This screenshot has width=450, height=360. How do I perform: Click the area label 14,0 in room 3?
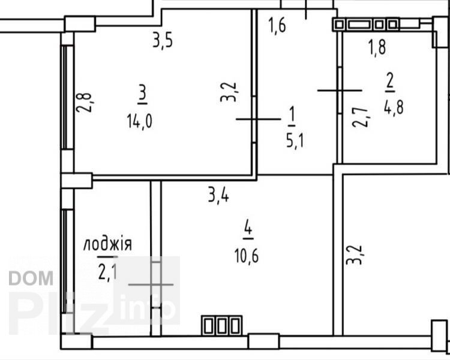(139, 121)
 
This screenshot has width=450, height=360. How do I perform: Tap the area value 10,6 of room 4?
(247, 256)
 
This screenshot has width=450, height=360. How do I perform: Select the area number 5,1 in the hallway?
(295, 140)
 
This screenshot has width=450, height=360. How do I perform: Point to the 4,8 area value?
(394, 107)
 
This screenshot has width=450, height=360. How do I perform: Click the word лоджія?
(107, 244)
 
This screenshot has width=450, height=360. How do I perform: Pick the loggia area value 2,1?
(107, 273)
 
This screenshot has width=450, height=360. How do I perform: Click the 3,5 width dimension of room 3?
(163, 41)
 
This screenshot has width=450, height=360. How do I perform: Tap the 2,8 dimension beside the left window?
(84, 103)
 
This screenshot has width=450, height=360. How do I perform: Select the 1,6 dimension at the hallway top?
(277, 25)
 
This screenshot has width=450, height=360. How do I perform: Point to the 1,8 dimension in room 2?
(377, 47)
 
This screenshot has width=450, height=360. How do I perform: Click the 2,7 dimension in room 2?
(361, 117)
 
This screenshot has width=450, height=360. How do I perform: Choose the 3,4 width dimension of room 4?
(218, 196)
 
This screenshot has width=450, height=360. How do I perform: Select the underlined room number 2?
(390, 82)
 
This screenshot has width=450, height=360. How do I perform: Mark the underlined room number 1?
(292, 116)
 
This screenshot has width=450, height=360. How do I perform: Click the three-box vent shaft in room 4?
(222, 325)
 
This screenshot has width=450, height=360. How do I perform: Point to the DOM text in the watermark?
(31, 278)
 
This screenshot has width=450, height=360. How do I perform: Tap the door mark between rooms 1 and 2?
(340, 91)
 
